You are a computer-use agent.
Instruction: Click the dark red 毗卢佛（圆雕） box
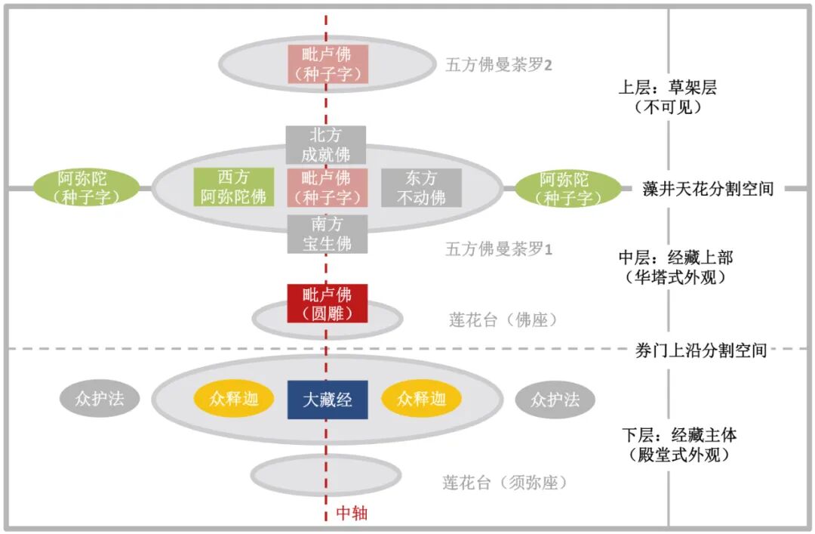(327, 303)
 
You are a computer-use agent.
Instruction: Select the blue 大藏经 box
(328, 400)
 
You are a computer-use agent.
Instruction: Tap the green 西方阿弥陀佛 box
(233, 187)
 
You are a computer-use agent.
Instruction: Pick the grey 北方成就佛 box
(326, 145)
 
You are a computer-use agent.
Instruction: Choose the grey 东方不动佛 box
(421, 187)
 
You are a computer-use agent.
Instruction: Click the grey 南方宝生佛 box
(327, 234)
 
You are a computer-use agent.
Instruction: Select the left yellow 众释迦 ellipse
(234, 400)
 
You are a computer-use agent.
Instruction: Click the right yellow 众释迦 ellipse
(422, 400)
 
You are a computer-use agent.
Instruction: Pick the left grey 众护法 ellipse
(100, 400)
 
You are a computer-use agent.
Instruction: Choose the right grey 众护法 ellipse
(555, 400)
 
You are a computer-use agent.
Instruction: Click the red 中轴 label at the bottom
(352, 513)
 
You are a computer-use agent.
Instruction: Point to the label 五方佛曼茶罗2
(499, 65)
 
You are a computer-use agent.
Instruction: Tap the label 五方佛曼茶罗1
(499, 248)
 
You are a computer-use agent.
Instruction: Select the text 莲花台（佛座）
(503, 319)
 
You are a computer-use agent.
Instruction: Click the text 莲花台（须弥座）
(504, 483)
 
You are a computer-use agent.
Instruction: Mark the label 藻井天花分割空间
(708, 188)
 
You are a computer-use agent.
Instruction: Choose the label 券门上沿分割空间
(700, 350)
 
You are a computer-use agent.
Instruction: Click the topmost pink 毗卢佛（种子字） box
(327, 64)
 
